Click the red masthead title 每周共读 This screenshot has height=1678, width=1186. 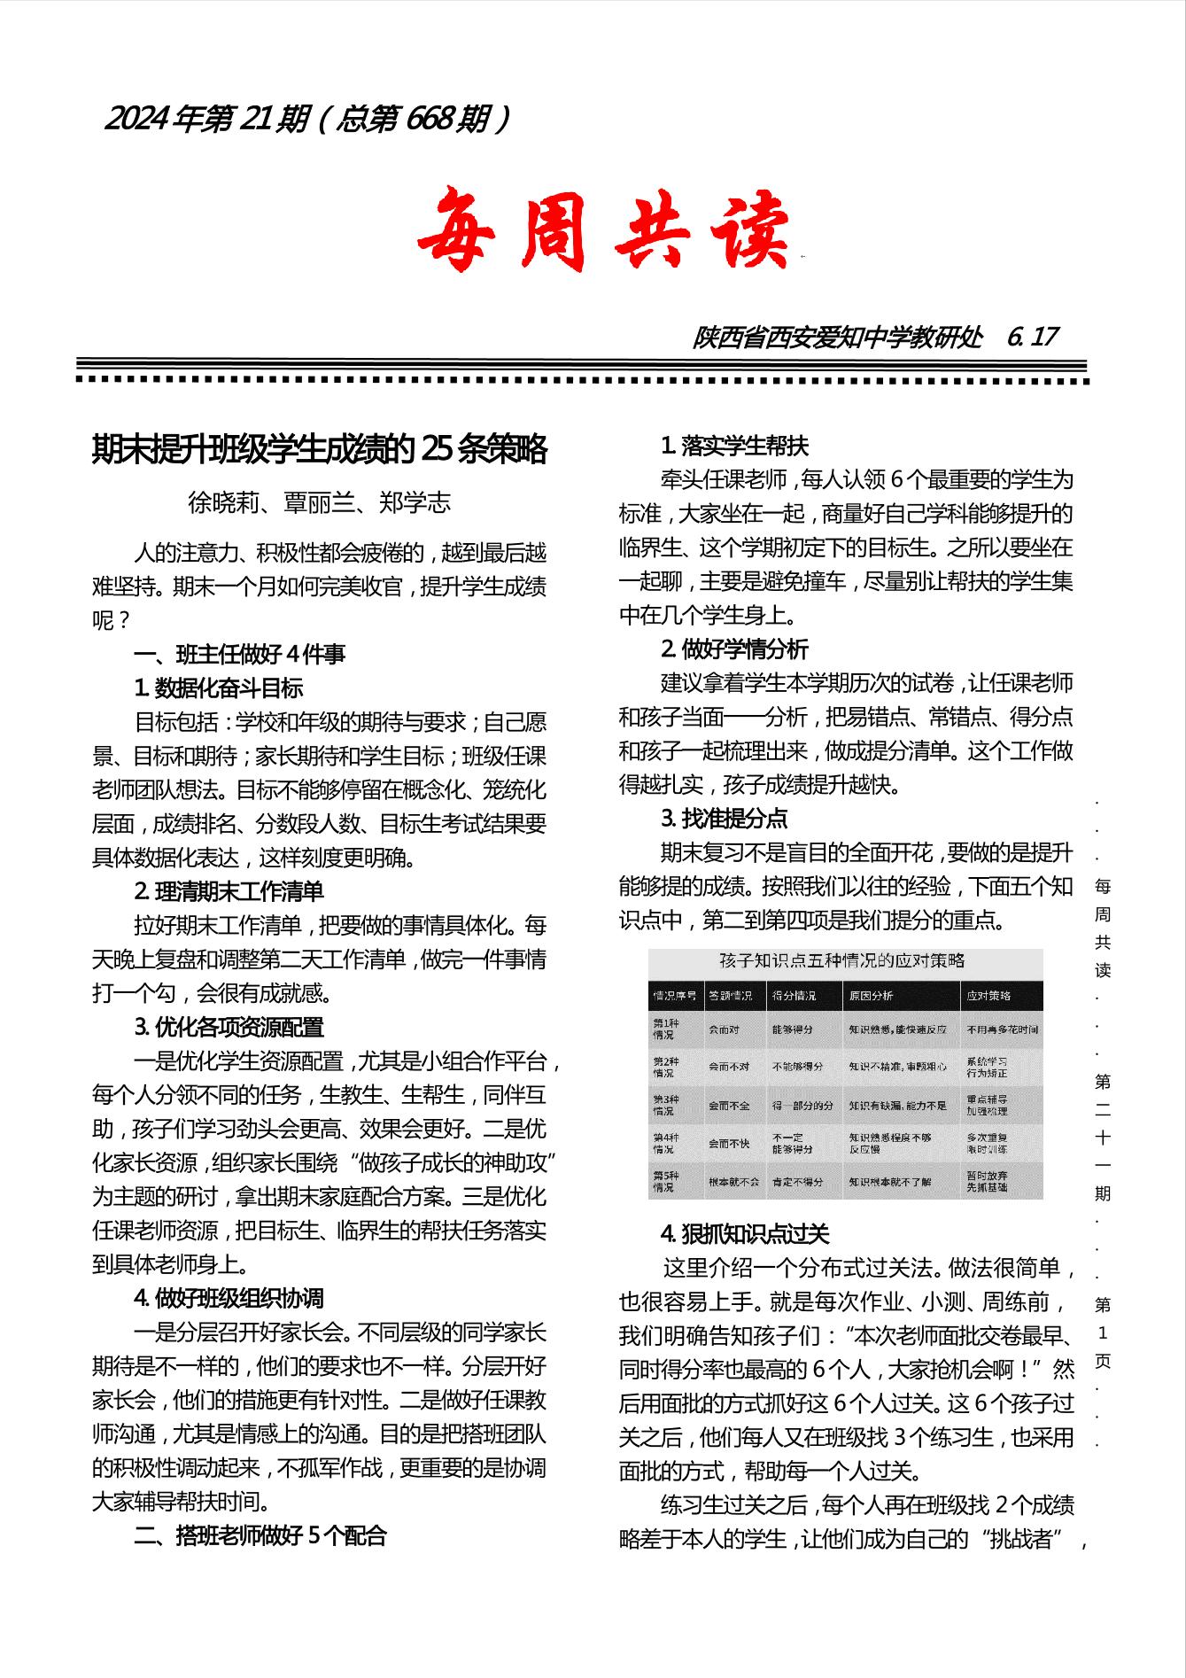click(603, 229)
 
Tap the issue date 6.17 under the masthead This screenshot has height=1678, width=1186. click(1033, 337)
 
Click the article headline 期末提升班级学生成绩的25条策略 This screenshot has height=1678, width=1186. click(320, 450)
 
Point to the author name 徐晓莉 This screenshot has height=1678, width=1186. click(223, 502)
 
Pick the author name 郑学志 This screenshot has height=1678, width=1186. click(415, 502)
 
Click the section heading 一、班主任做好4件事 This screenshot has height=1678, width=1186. click(239, 655)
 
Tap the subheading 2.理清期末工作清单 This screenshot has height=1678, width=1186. click(229, 891)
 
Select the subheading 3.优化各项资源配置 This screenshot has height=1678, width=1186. click(229, 1027)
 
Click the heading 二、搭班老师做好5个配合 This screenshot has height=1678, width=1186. click(260, 1535)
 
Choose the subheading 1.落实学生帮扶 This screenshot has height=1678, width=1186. click(734, 446)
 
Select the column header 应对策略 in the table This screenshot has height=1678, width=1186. click(988, 996)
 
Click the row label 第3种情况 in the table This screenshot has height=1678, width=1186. click(664, 1105)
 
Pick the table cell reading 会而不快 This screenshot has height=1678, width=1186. click(728, 1143)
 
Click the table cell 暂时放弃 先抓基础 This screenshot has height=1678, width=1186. click(986, 1181)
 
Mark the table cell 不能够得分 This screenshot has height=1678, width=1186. click(797, 1067)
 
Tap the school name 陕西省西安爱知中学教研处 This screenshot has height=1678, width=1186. click(837, 337)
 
